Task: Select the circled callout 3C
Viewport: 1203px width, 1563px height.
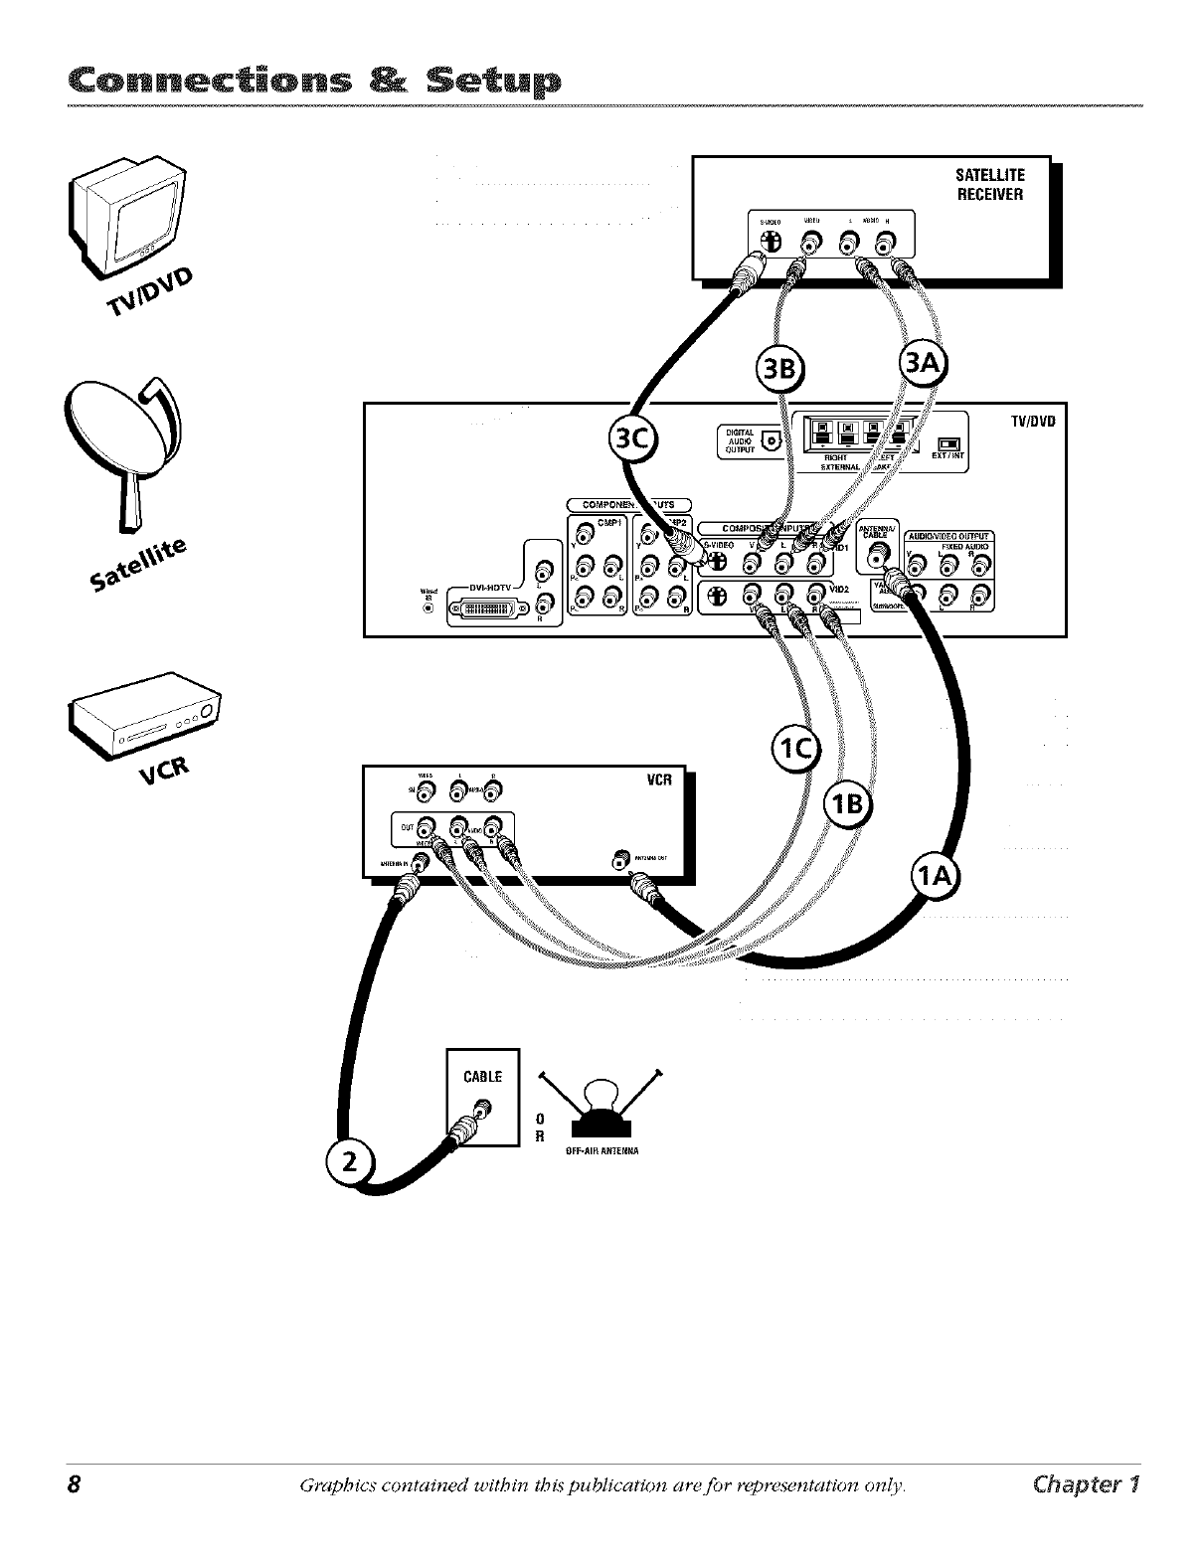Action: pos(632,441)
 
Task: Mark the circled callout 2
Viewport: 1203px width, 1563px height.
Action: pos(349,1164)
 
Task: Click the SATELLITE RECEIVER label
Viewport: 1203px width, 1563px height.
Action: pos(988,185)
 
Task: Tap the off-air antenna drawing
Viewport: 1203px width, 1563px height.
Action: pos(598,1109)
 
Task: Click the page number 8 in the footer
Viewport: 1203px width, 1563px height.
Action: pos(73,1483)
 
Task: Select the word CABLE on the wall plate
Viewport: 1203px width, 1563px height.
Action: pos(483,1076)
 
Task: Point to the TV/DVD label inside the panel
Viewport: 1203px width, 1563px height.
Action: pos(1031,420)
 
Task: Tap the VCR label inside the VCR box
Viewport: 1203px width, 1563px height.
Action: pos(659,780)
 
